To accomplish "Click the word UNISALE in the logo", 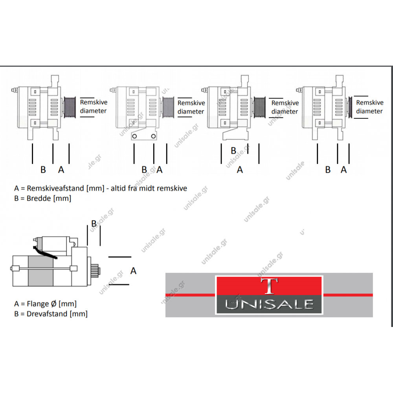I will [x=269, y=304].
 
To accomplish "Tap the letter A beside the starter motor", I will [x=133, y=271].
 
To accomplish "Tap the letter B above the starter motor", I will [x=94, y=223].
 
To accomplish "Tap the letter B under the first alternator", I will [x=43, y=170].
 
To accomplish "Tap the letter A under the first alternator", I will [x=61, y=170].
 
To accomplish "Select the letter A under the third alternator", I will [x=240, y=170].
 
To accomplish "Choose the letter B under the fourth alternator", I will [x=328, y=170].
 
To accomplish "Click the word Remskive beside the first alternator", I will [x=94, y=102].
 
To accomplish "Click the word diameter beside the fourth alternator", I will [x=369, y=111].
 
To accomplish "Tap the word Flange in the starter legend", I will [x=37, y=303].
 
